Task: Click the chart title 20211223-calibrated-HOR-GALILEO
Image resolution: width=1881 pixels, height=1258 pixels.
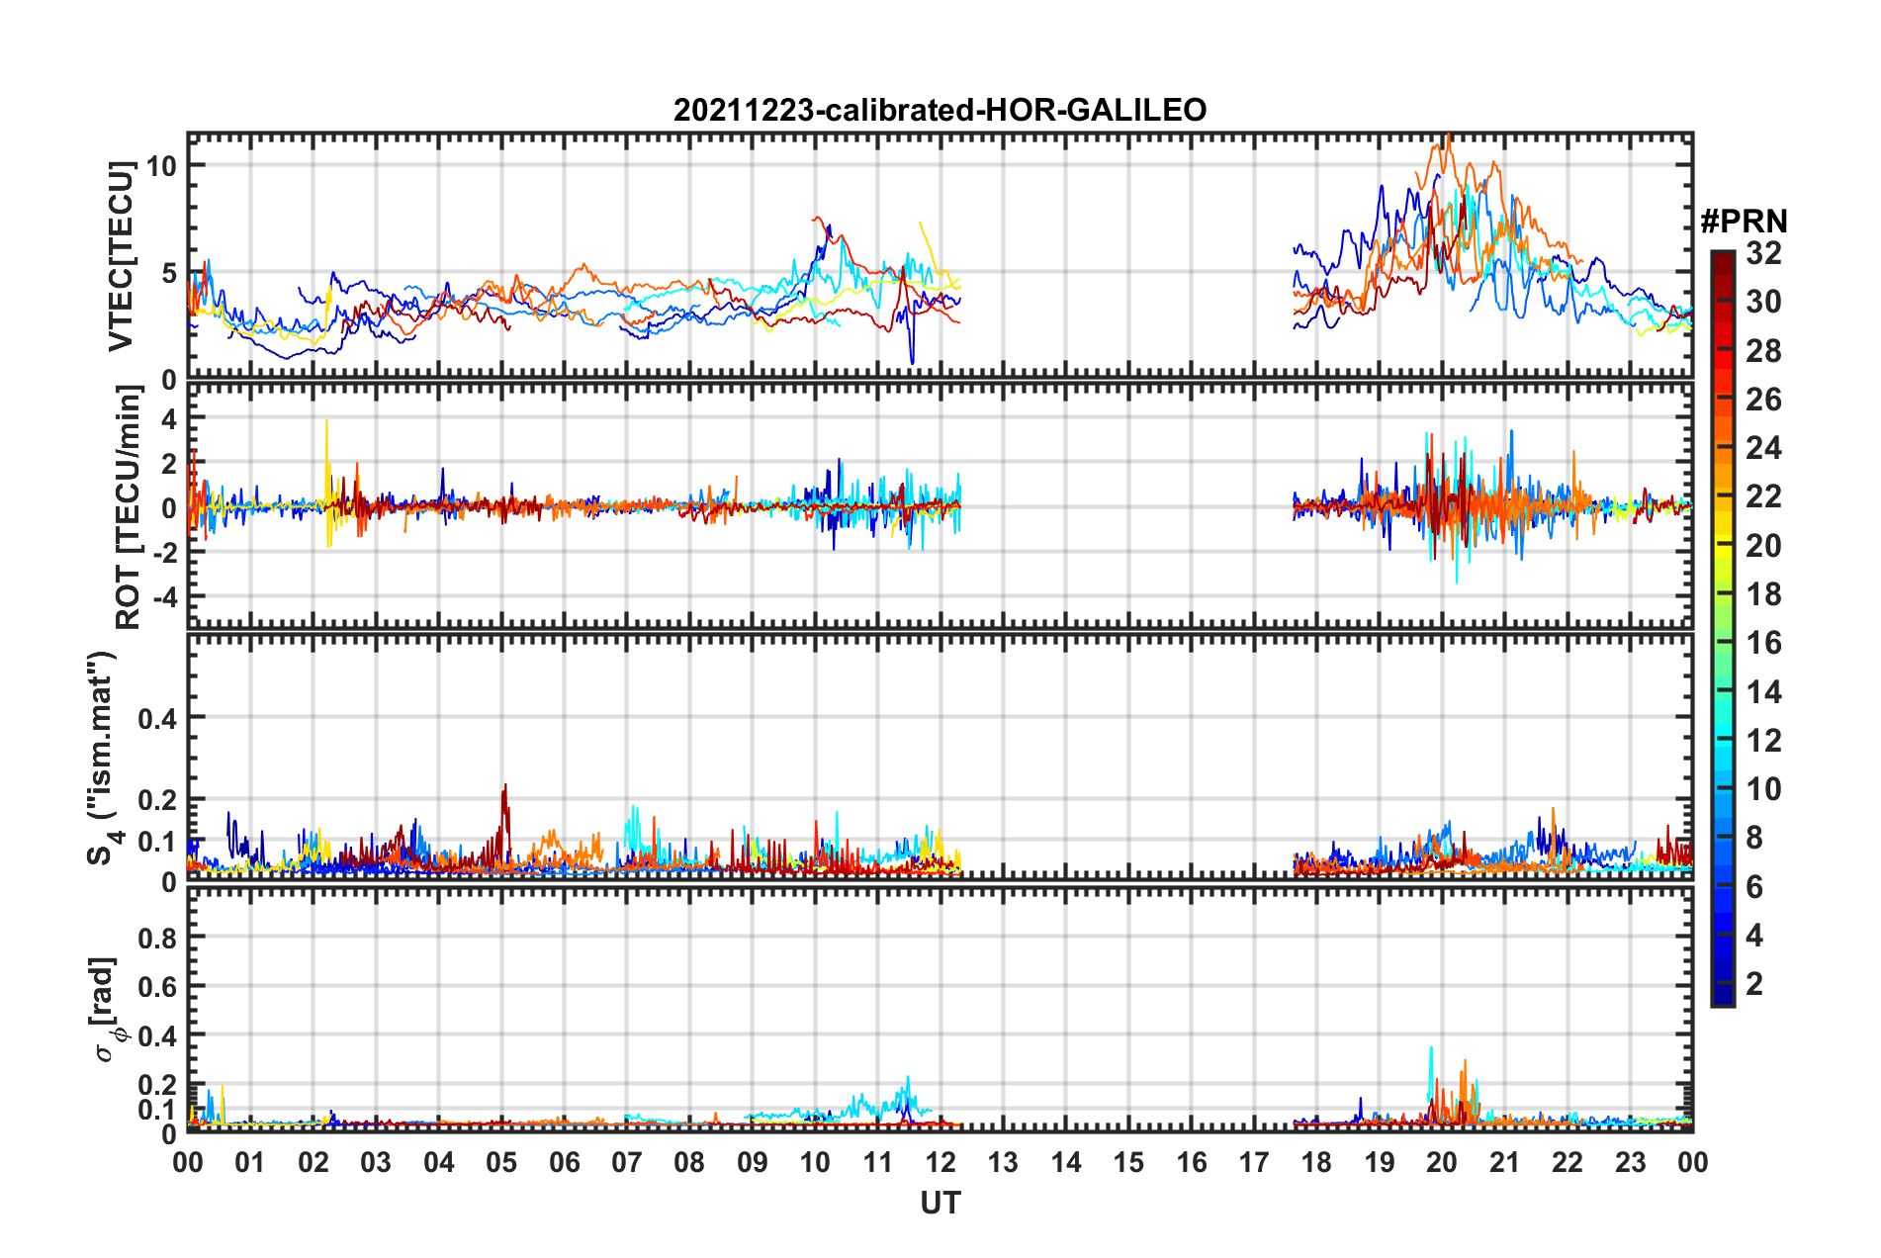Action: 940,110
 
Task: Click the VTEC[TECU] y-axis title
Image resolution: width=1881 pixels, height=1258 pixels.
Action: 121,256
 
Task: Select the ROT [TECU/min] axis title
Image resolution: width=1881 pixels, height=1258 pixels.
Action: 129,507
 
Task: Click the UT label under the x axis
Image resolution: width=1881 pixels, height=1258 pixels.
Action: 940,1203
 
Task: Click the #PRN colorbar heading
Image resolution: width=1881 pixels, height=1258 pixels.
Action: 1744,222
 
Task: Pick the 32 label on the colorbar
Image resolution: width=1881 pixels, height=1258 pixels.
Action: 1763,253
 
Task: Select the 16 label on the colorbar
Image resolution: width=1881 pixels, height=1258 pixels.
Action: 1763,643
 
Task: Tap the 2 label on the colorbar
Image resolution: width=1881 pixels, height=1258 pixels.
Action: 1754,984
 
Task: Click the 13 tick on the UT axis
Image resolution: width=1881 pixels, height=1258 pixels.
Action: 1003,1162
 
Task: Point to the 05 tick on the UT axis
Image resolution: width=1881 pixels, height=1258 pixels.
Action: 501,1162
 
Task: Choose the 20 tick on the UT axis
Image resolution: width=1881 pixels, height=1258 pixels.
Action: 1442,1162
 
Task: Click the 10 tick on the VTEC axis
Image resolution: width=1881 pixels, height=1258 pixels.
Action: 161,165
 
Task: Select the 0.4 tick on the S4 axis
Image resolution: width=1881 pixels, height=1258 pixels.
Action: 157,718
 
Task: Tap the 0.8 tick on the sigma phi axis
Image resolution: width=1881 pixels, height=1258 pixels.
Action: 157,938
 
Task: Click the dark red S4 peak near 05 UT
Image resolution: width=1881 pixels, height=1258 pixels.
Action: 505,786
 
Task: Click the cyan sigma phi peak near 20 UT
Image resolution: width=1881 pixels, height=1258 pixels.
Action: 1431,1048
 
